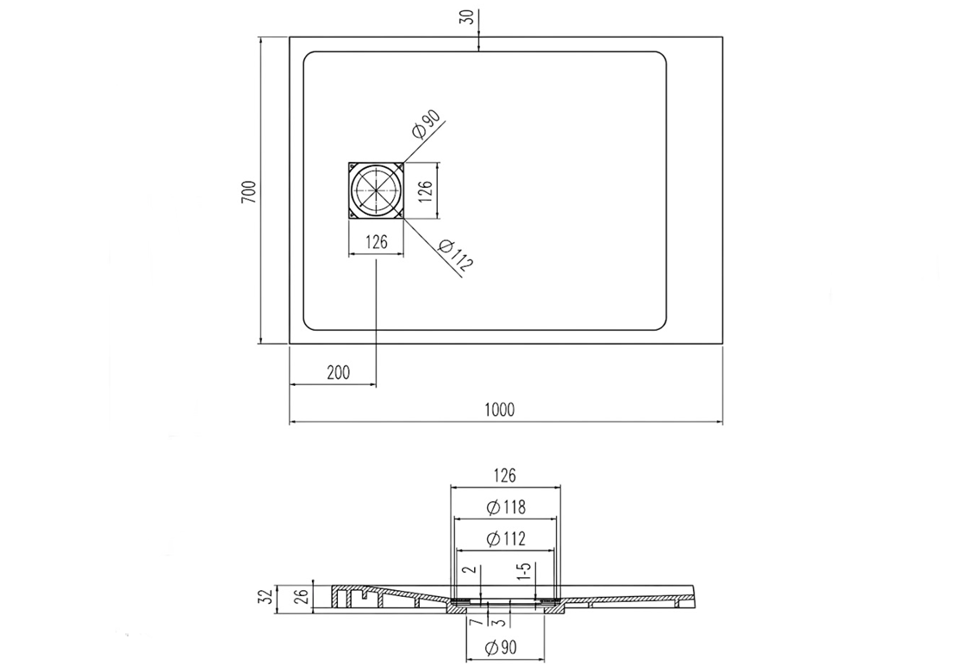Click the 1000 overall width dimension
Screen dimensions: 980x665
click(x=499, y=410)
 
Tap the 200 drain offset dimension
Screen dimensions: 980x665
click(x=338, y=373)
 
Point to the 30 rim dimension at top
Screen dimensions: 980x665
click(x=466, y=17)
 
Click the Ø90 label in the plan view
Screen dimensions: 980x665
click(x=427, y=124)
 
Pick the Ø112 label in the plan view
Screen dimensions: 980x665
click(x=456, y=255)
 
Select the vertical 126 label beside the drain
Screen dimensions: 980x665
click(x=425, y=192)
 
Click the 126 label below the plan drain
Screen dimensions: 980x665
click(x=377, y=242)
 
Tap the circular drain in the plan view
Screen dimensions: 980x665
click(x=377, y=190)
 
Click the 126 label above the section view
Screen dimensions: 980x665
click(x=504, y=475)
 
